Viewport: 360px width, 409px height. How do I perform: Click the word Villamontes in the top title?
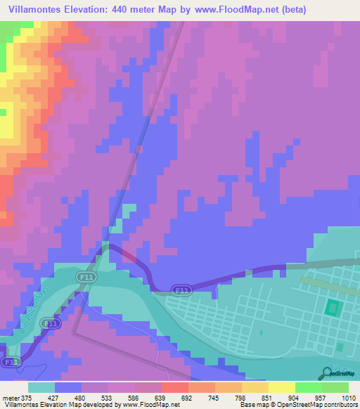point(34,9)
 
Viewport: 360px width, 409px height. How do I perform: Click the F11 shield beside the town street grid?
point(181,290)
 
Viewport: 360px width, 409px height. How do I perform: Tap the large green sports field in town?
point(332,307)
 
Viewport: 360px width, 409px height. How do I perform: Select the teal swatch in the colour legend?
point(41,387)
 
